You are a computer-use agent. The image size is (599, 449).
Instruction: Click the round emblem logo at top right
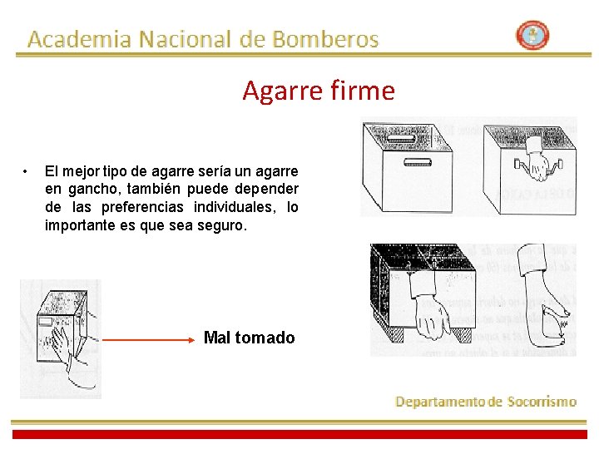532,36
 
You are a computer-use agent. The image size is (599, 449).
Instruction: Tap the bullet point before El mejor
27,171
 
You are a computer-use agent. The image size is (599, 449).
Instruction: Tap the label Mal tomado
249,338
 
